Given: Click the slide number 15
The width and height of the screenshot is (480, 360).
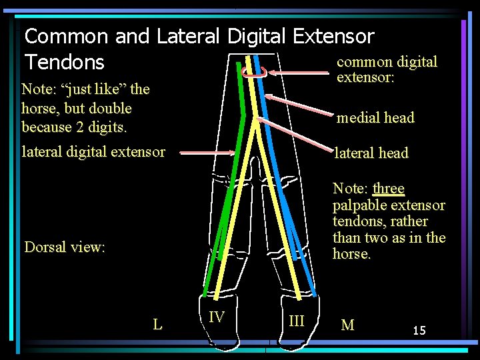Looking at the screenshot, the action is pos(419,330).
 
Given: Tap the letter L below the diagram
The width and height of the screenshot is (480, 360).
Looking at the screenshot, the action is pos(157,325).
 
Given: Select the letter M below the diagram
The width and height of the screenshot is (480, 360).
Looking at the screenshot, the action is pos(347,325).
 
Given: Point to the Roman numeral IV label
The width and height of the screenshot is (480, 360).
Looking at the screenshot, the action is pos(216,317).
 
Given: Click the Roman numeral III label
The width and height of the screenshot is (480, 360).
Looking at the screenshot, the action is pos(296,321).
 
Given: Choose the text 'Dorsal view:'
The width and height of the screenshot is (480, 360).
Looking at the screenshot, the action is pos(65,247).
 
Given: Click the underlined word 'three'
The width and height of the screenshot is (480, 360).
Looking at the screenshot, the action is pos(389,189).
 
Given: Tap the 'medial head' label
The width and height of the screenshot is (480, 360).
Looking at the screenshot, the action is pos(375,118).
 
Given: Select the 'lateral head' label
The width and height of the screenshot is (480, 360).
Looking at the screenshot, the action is pos(371,153).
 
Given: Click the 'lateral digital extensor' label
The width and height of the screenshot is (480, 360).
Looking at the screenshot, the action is pos(93,151).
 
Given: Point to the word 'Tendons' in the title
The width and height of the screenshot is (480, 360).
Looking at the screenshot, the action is pos(65,62).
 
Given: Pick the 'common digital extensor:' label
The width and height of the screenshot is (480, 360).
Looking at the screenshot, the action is pos(387,69).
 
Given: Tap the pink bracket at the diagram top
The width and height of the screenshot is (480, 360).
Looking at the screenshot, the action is pos(255,73).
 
